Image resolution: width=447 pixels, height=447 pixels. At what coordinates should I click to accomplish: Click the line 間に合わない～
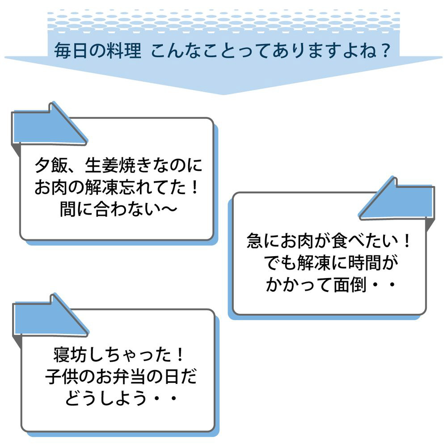(118, 209)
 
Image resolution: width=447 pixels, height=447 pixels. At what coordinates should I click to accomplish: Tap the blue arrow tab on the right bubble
(398, 200)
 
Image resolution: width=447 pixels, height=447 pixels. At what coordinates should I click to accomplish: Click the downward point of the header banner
(223, 92)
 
